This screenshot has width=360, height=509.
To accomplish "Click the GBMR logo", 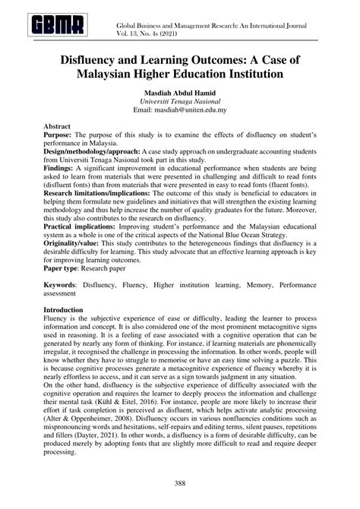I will pos(58,27).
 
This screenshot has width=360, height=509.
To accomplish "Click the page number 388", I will pos(179,482).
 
